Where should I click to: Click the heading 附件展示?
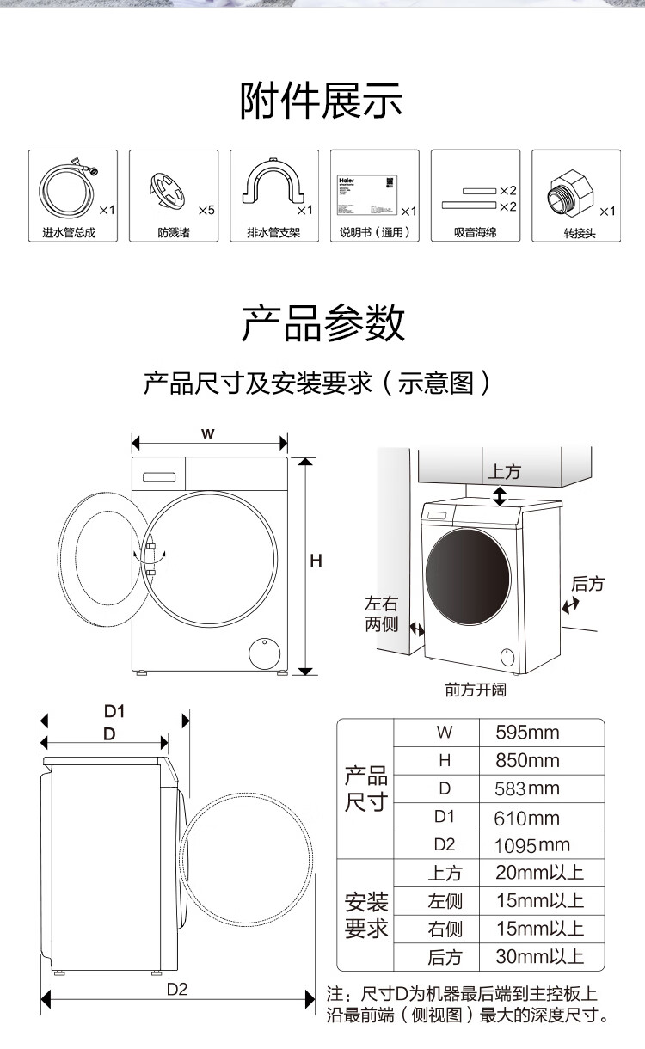coord(322,101)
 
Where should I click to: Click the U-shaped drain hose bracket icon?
coord(270,187)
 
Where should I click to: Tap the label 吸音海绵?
coord(476,233)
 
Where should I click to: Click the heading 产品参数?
coord(322,323)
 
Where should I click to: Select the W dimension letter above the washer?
coord(208,433)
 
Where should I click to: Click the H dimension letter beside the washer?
coord(316,561)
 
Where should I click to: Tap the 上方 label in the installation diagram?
coord(505,472)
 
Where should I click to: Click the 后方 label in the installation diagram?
coord(587,585)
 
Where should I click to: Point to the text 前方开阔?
coord(476,690)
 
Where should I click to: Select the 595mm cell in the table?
coord(527,733)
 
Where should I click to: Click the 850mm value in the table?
coord(527,761)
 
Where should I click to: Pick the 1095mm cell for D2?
coord(531,845)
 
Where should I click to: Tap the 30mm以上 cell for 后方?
coord(539,956)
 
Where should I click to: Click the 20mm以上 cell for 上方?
coord(539,873)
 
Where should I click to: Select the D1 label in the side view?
coord(114,711)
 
